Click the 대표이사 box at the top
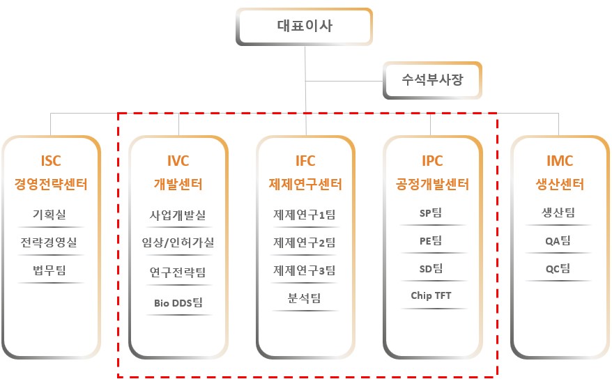click(305, 27)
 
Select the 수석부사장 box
click(432, 79)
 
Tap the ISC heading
click(51, 161)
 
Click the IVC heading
click(178, 161)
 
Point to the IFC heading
click(305, 161)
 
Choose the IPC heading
click(432, 161)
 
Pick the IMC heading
click(559, 161)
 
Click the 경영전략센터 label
click(51, 185)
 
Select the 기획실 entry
click(51, 215)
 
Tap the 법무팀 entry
click(51, 270)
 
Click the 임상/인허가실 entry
click(178, 243)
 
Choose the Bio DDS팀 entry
click(178, 303)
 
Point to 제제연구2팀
click(305, 243)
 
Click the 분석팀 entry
click(305, 298)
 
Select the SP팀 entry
click(432, 213)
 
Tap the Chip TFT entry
click(432, 295)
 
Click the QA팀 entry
click(559, 241)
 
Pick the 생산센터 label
click(559, 185)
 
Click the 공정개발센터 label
click(432, 185)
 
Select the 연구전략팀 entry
click(178, 272)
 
